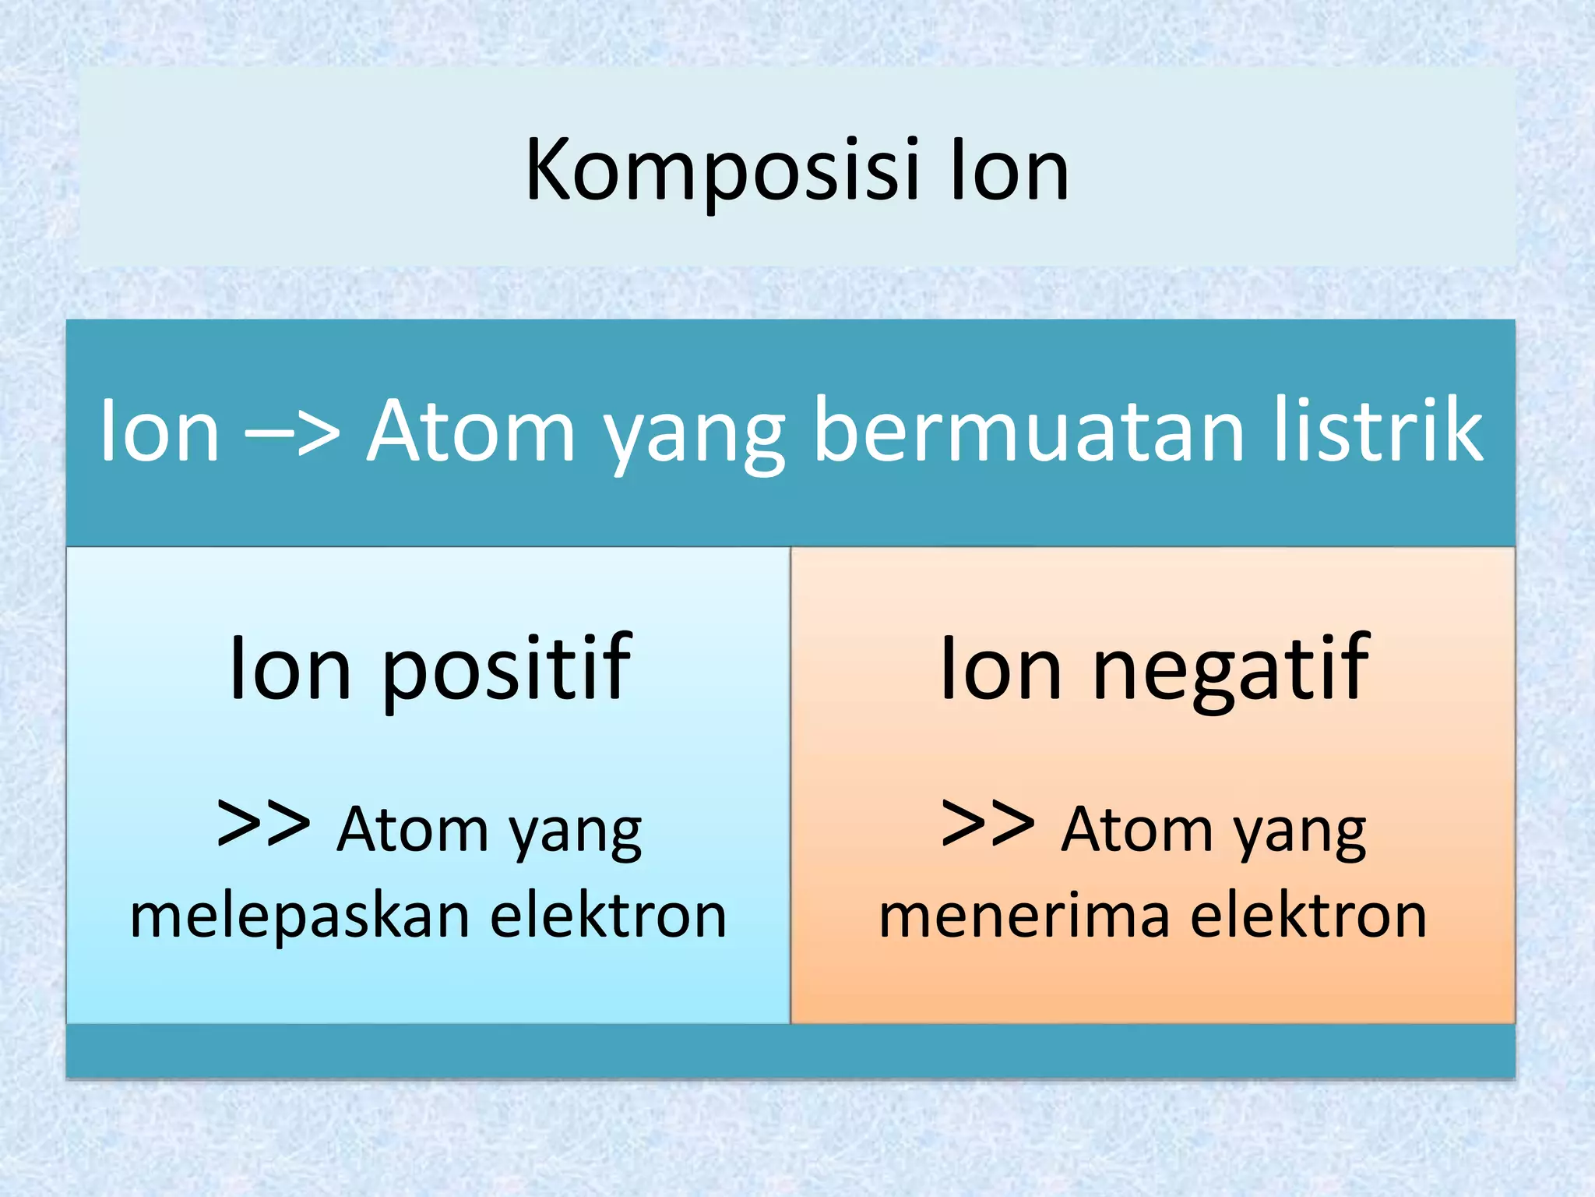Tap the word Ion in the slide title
(x=1009, y=171)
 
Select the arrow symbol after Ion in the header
(x=293, y=433)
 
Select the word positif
(x=506, y=670)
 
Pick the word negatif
(x=1231, y=670)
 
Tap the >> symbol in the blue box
(x=264, y=824)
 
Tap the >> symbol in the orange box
(x=988, y=824)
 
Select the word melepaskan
(x=300, y=917)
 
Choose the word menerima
(x=1024, y=917)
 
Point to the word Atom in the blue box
(x=412, y=830)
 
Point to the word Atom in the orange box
(x=1136, y=830)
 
